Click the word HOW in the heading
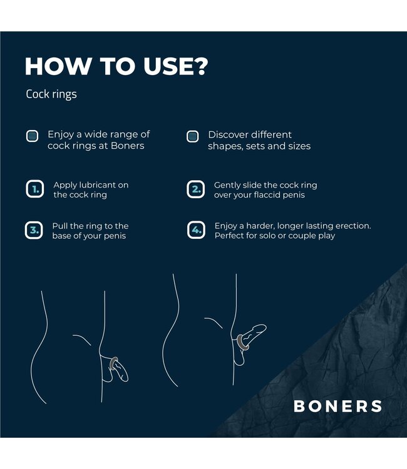click(x=54, y=67)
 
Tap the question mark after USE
click(x=199, y=67)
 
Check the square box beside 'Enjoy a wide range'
click(x=32, y=136)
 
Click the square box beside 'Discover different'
click(x=193, y=136)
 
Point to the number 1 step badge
click(x=34, y=189)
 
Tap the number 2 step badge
click(x=195, y=189)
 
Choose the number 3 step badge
click(x=34, y=230)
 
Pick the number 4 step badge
click(x=196, y=230)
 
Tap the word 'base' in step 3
click(x=63, y=236)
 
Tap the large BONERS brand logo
click(x=337, y=406)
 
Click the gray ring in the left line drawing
click(x=113, y=365)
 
